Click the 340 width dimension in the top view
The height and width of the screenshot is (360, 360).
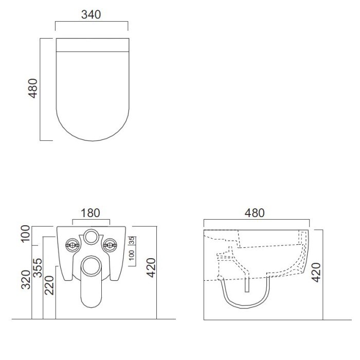[91, 14]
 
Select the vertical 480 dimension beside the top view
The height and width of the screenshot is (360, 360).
[32, 88]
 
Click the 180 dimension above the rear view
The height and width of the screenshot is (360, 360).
[91, 212]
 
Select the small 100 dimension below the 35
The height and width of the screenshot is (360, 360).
[131, 256]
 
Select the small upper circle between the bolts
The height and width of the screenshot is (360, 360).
[91, 237]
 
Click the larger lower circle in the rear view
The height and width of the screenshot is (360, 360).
[91, 265]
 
